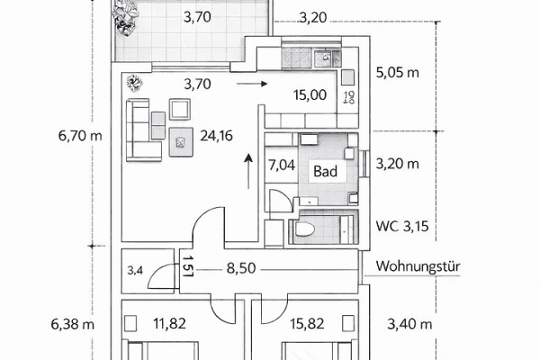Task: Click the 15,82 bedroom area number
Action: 308,323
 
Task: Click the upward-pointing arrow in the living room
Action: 248,170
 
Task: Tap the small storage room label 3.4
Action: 136,269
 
